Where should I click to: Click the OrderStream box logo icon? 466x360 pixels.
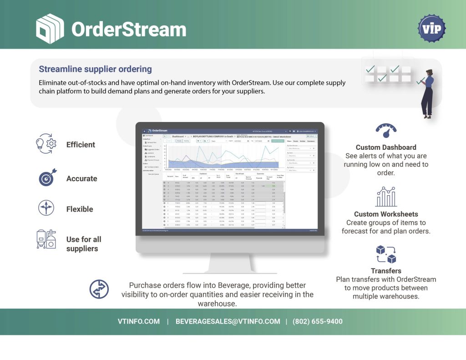tap(50, 29)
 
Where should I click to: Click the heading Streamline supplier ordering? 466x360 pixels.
tap(95, 69)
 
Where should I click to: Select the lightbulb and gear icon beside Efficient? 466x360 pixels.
tap(46, 144)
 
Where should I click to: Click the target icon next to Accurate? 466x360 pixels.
tap(46, 178)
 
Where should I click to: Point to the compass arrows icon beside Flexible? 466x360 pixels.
tap(46, 208)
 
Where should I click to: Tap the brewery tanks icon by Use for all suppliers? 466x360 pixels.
tap(46, 239)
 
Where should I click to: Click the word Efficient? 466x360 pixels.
tap(81, 145)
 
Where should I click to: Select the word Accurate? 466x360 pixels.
tap(81, 178)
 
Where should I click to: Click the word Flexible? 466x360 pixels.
tap(80, 209)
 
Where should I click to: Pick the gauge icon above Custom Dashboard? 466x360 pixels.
tap(386, 131)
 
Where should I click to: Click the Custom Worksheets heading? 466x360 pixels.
tap(386, 214)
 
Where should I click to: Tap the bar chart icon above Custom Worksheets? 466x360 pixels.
tap(386, 197)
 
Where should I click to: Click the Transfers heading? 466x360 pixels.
tap(386, 271)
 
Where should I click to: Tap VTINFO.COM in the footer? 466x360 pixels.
tap(139, 321)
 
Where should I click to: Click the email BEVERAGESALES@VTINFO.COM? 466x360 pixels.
tap(228, 321)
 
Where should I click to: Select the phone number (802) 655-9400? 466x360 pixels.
tap(317, 321)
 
